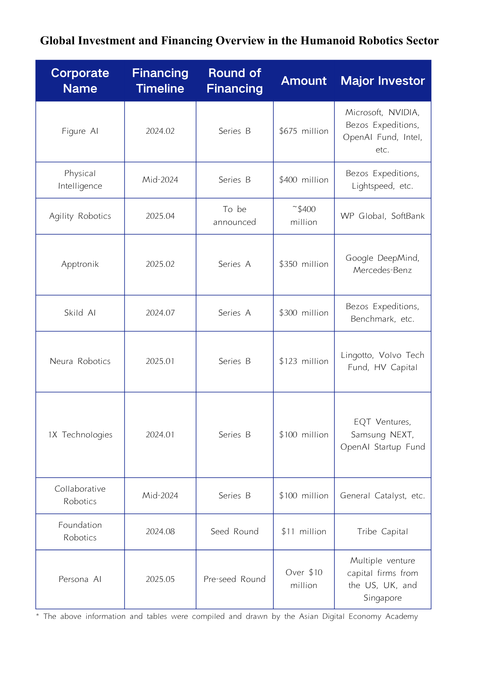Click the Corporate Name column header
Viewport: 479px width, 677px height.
click(80, 81)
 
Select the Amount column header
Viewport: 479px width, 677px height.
click(304, 81)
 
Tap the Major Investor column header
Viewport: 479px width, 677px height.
click(382, 81)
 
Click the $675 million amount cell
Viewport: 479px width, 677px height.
click(304, 131)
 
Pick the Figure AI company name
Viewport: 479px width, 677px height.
click(80, 131)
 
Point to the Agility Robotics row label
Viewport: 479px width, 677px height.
click(80, 216)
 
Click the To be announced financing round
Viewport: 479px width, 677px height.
click(234, 216)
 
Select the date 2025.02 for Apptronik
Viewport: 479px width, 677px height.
click(160, 264)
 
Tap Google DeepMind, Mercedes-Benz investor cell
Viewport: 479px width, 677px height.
click(382, 264)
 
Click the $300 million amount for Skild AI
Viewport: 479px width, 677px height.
click(304, 313)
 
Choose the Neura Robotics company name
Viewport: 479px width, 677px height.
click(80, 361)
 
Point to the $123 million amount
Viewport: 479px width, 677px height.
click(304, 361)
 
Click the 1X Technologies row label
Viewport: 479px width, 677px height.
click(80, 435)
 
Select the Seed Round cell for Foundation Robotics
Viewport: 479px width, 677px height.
click(234, 531)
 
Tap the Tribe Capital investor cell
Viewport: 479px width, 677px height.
click(382, 531)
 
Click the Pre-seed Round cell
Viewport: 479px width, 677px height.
click(234, 579)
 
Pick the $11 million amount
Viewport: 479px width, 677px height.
click(304, 531)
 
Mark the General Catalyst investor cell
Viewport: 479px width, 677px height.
click(382, 496)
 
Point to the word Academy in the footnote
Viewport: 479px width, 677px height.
click(401, 616)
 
